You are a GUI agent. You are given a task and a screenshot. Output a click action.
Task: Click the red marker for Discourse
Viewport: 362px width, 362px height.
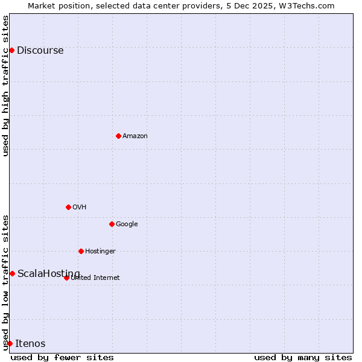tap(11, 50)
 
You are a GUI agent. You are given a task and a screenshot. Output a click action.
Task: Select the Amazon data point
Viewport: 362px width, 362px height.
tap(118, 136)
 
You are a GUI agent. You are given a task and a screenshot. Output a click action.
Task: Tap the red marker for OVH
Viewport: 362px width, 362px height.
tap(68, 207)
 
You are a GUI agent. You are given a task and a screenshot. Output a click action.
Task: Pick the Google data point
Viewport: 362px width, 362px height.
tap(112, 224)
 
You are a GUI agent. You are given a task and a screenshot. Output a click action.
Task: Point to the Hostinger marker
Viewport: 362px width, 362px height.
tap(81, 251)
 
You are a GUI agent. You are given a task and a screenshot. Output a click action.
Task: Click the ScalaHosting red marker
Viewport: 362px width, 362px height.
tap(12, 273)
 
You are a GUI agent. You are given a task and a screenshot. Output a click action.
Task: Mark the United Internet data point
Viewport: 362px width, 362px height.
tap(66, 278)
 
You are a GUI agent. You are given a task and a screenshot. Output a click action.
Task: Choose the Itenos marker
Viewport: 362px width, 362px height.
tap(10, 343)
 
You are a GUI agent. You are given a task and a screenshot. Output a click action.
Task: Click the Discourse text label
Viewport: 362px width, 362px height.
tap(40, 51)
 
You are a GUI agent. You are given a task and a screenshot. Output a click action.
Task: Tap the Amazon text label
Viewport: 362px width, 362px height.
tap(135, 136)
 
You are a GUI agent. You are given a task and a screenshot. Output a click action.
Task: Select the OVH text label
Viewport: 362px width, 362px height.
tap(80, 208)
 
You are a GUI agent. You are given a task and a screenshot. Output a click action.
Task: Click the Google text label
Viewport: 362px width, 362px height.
tap(127, 224)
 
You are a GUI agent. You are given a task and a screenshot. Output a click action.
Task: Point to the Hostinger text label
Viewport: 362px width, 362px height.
tap(100, 252)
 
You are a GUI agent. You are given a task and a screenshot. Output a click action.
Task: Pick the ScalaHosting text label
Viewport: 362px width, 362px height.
tap(48, 274)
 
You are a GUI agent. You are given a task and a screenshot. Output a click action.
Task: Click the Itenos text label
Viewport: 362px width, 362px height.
tap(30, 344)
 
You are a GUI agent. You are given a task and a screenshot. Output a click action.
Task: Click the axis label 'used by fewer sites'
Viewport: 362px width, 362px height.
tap(62, 357)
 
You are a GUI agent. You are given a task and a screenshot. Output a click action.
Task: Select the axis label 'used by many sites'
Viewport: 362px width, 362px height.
tap(303, 357)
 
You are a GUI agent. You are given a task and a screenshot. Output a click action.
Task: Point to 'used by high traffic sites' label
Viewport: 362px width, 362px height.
tap(6, 86)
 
